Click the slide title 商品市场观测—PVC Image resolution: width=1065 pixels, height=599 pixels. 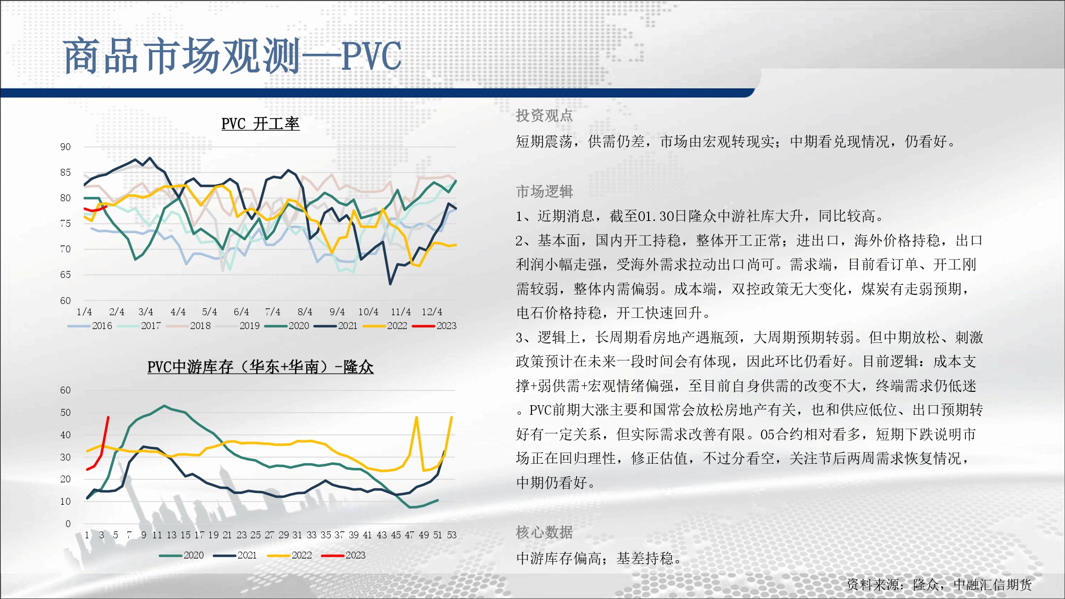tap(232, 56)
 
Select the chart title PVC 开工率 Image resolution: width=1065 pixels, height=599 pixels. tap(260, 124)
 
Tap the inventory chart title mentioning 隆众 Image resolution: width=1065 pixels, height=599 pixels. tap(260, 367)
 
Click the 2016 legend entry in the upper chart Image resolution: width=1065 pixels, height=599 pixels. tap(90, 326)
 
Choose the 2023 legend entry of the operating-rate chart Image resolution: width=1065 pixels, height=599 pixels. tap(435, 326)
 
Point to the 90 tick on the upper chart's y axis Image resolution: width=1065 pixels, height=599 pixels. tap(65, 147)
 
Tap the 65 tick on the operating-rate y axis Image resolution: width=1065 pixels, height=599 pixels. tap(65, 275)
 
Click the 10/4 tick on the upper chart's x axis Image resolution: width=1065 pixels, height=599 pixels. tap(368, 312)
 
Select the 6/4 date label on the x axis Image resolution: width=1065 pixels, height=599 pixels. tap(241, 312)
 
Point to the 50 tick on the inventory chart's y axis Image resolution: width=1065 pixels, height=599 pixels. tap(65, 413)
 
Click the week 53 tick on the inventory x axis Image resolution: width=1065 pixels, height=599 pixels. tap(452, 535)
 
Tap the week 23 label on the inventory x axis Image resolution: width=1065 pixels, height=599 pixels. tap(242, 535)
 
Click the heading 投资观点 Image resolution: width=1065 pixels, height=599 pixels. tap(544, 116)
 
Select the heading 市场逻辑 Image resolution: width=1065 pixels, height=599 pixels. tap(544, 191)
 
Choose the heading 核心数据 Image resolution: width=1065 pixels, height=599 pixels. tap(544, 532)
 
